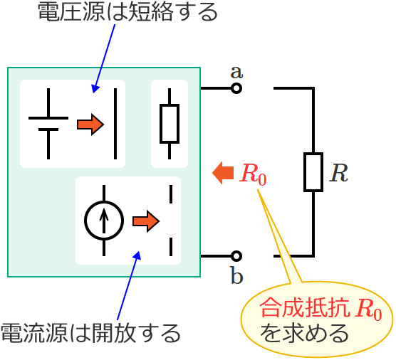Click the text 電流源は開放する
tap(90, 332)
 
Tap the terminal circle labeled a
tap(236, 88)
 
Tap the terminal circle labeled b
tap(236, 255)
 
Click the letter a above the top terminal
tap(236, 71)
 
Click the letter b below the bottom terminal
tap(236, 275)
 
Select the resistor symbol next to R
tap(313, 172)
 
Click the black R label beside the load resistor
tap(338, 173)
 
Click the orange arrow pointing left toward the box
tap(223, 172)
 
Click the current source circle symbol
tap(104, 221)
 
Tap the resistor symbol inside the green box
tap(170, 124)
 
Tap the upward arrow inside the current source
tap(104, 221)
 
